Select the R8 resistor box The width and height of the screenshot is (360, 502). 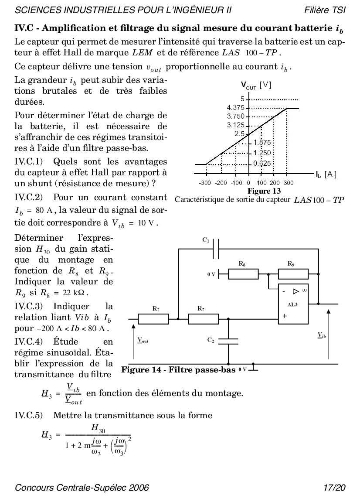click(243, 274)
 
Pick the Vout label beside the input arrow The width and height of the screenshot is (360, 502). click(143, 340)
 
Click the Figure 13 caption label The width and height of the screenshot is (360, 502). click(264, 191)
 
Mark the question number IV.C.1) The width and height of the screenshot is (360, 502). click(29, 162)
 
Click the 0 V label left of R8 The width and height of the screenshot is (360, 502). click(211, 274)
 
